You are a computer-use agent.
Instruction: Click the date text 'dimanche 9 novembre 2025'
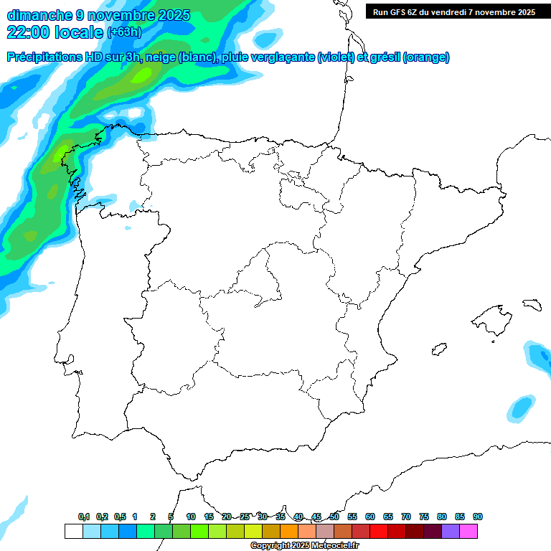click(x=98, y=15)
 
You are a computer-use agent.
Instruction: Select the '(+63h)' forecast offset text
click(x=124, y=32)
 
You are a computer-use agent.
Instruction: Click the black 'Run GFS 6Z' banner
click(x=454, y=11)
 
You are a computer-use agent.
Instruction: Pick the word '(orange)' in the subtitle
click(x=426, y=57)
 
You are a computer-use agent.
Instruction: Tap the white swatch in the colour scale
click(x=73, y=531)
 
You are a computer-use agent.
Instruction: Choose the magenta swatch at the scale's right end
click(x=468, y=531)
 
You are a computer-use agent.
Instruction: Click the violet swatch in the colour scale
click(x=451, y=531)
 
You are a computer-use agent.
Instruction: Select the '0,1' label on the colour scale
click(x=84, y=517)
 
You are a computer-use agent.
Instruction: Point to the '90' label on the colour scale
click(x=478, y=517)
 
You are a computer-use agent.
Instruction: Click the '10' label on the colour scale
click(x=191, y=517)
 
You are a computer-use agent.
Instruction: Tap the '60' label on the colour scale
click(x=370, y=517)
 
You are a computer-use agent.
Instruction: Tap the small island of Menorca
click(x=532, y=304)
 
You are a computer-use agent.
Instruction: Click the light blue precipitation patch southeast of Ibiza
click(x=522, y=408)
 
